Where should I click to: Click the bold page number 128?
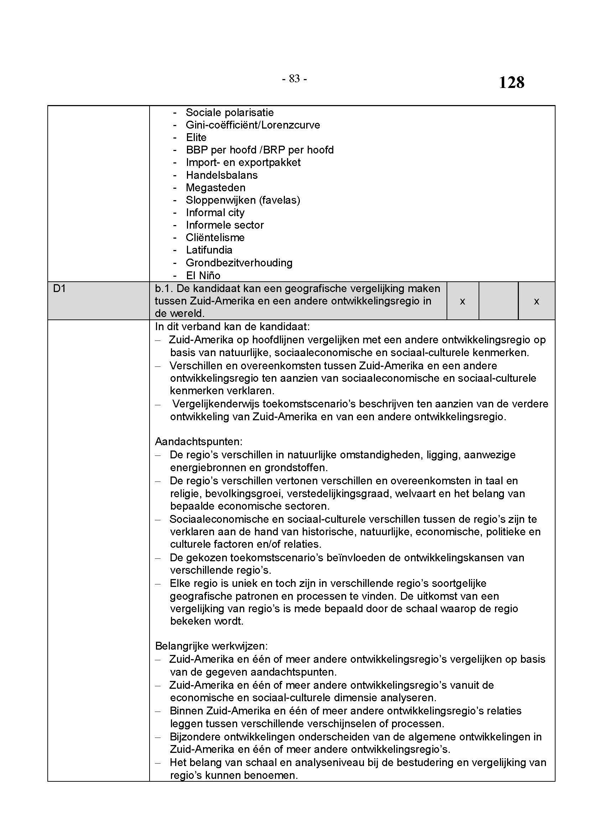point(511,83)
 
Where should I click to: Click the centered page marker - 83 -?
point(294,79)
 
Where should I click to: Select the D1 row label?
point(59,289)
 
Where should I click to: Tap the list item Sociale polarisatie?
point(230,113)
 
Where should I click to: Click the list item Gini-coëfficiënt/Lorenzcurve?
point(253,125)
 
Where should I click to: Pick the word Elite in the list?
point(196,137)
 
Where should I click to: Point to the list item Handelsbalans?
point(221,175)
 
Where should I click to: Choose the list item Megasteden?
point(215,188)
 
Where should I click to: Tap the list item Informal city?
point(215,213)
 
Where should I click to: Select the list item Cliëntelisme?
point(215,238)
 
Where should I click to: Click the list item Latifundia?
point(209,250)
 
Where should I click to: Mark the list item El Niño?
point(203,275)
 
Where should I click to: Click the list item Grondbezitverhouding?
point(239,263)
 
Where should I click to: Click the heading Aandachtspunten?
point(199,442)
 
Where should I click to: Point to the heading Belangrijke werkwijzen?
point(212,646)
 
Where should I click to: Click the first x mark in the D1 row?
point(463,301)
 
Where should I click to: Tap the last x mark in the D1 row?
point(536,301)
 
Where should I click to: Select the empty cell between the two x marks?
point(498,301)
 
